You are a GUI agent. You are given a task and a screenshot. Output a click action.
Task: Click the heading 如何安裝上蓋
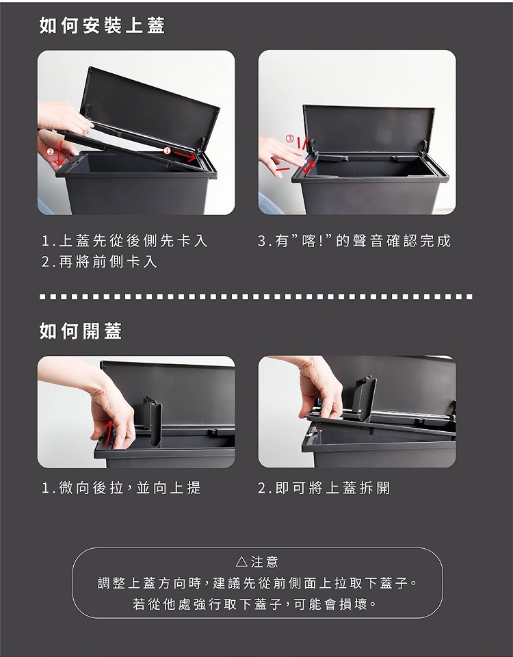[102, 25]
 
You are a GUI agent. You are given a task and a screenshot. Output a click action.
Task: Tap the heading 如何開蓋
[81, 331]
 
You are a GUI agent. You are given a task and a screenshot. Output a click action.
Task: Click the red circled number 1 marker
[167, 151]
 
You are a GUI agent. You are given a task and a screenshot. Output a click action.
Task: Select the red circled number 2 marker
[50, 151]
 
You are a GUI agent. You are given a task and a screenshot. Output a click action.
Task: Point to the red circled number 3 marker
[289, 138]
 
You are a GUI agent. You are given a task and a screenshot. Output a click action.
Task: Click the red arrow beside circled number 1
[185, 156]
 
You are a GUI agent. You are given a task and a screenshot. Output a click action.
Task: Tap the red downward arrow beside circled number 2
[60, 153]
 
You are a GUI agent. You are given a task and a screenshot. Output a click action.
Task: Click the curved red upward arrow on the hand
[109, 434]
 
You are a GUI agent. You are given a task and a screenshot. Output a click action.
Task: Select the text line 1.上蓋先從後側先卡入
[124, 241]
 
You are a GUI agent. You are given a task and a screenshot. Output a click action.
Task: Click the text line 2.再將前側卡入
[100, 262]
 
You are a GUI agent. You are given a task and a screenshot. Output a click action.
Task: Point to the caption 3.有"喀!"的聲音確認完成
[354, 241]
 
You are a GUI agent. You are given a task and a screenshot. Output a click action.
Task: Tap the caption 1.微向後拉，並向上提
[122, 488]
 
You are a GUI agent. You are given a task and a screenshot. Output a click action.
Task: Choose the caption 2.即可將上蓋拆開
[324, 488]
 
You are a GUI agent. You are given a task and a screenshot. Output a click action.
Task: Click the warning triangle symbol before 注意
[241, 561]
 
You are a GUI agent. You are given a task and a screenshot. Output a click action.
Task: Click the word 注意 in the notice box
[265, 561]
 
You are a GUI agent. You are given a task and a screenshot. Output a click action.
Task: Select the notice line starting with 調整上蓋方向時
[258, 583]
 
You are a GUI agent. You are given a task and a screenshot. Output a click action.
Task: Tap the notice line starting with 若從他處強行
[254, 604]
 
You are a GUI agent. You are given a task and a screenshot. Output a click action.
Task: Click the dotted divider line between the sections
[256, 296]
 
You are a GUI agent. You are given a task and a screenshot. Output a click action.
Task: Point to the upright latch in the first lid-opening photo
[153, 421]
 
